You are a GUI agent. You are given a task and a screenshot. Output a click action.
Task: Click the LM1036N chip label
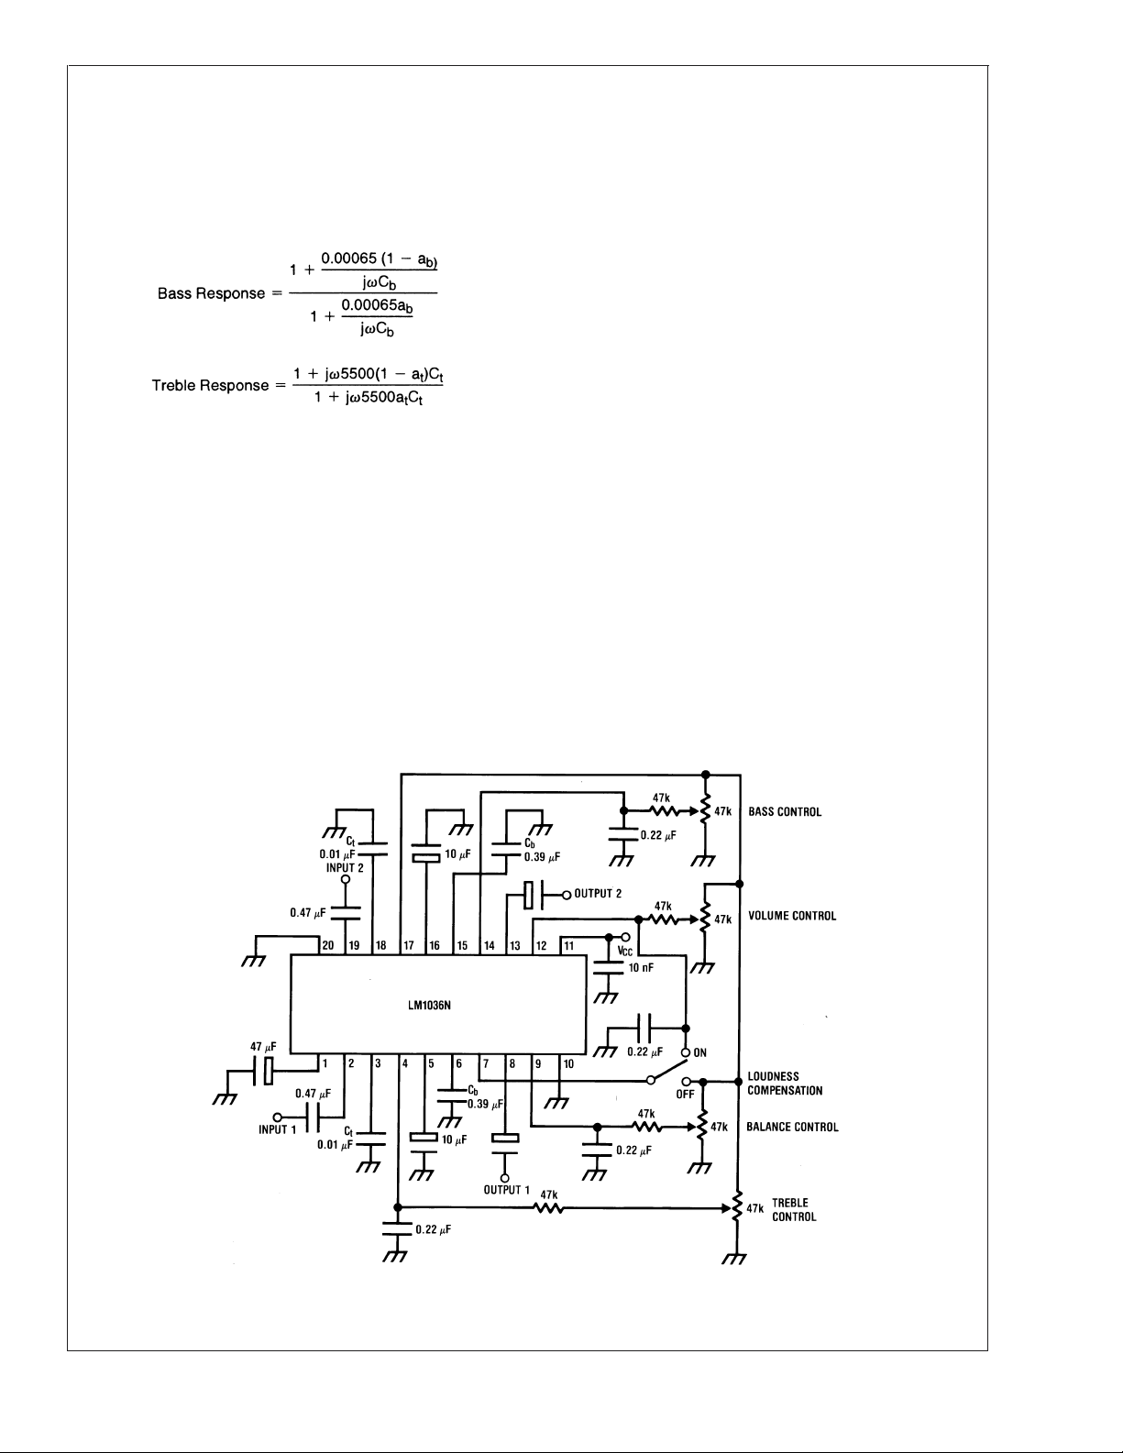coord(429,1005)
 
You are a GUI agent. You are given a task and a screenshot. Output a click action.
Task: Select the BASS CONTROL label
coord(785,811)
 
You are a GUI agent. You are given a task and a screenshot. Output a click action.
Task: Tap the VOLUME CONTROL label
coord(792,916)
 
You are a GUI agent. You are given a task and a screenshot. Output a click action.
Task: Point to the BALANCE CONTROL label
coord(792,1127)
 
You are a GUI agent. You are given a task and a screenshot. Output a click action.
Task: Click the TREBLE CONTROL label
coord(794,1209)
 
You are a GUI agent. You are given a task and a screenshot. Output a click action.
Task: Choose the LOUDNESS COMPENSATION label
coord(785,1084)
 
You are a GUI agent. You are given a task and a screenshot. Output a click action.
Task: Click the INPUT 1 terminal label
coord(278,1129)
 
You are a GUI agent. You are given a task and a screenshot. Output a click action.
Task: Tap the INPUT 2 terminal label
coord(345,868)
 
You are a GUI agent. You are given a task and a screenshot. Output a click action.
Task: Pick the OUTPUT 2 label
coord(599,893)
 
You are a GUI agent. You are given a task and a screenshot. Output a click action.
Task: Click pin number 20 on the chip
coord(328,945)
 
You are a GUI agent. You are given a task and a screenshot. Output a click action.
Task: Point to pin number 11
coord(569,945)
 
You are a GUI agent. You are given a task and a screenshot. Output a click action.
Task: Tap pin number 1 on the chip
coord(325,1063)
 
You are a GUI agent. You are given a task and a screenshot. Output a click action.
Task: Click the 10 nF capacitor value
coord(641,967)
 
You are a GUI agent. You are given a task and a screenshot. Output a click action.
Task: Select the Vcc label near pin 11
coord(625,952)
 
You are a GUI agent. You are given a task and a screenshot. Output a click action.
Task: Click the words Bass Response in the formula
coord(211,293)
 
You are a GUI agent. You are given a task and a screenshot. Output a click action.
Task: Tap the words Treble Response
coord(210,385)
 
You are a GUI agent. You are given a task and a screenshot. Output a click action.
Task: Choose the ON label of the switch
coord(699,1052)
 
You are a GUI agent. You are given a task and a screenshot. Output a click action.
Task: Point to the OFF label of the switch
coord(685,1095)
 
